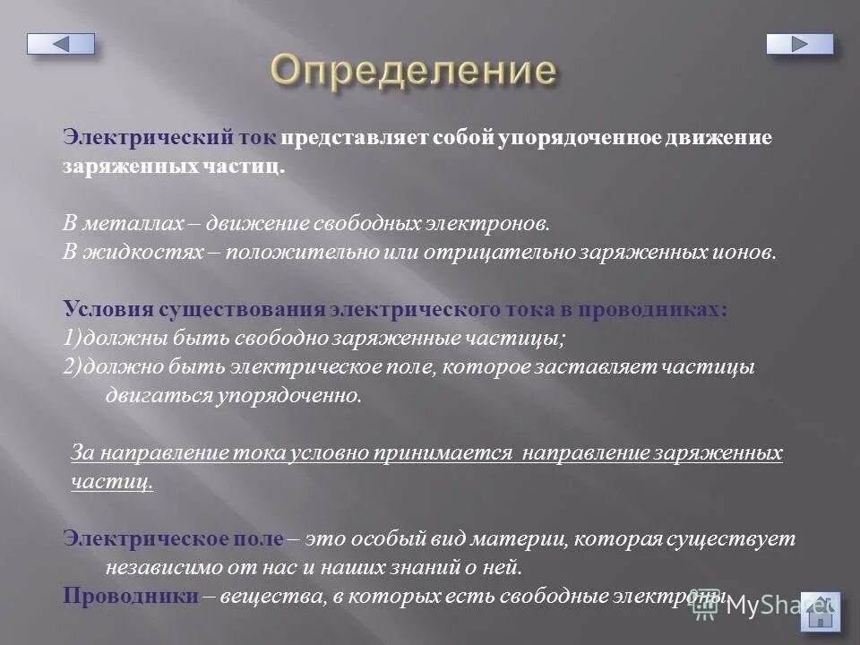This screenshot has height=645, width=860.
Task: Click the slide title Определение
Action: coord(413,70)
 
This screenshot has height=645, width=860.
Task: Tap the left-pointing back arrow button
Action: coord(60,43)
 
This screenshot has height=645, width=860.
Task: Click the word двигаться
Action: coord(158,395)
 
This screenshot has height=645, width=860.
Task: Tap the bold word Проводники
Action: coord(131,597)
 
